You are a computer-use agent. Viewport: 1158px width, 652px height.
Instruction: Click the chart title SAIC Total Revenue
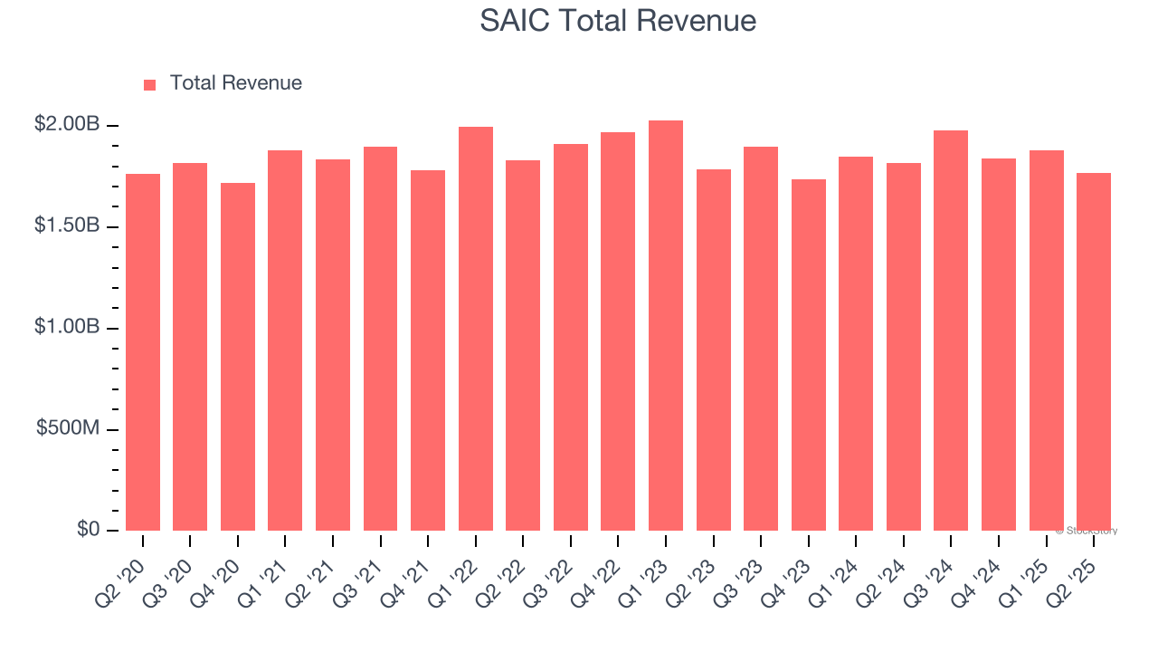(618, 20)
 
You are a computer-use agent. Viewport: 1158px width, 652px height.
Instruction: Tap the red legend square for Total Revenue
(150, 84)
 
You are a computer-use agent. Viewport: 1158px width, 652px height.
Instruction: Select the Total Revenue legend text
(235, 83)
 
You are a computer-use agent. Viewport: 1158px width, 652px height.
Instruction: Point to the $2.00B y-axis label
(67, 124)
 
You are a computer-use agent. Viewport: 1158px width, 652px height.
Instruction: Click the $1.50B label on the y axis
(67, 225)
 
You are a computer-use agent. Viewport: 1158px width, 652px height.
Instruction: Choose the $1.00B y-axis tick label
(67, 327)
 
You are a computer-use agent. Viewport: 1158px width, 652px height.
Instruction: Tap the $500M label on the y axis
(68, 428)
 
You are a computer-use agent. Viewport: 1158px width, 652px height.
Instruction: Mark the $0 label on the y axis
(89, 530)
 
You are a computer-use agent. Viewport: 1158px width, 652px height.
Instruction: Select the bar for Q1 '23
(665, 326)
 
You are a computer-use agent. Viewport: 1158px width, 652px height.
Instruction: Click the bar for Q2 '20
(143, 353)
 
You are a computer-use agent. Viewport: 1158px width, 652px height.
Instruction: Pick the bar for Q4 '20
(238, 358)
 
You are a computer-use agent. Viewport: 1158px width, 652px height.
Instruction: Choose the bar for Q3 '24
(951, 331)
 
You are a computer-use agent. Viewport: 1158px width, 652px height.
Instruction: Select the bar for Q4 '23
(808, 355)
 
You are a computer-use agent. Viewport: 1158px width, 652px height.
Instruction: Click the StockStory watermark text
(1086, 531)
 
